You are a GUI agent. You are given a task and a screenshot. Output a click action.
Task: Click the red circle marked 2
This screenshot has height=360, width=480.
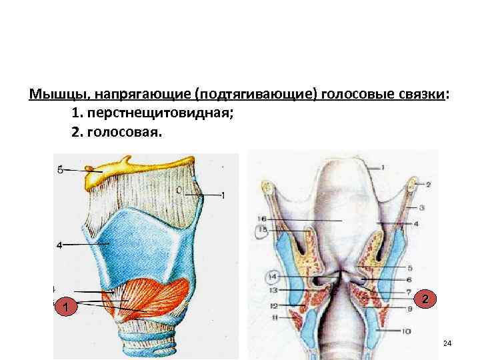click(x=425, y=299)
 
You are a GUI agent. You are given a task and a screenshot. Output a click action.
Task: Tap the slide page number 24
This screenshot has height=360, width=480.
click(x=447, y=343)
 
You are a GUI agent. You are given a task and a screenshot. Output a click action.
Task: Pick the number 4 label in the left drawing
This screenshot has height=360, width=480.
click(x=59, y=245)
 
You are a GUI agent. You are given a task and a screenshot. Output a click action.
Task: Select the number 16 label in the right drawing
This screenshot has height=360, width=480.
click(x=261, y=219)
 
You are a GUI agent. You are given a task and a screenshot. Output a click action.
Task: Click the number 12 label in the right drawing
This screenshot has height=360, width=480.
click(x=273, y=306)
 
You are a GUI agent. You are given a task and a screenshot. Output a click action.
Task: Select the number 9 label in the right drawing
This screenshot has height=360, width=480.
click(x=409, y=309)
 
